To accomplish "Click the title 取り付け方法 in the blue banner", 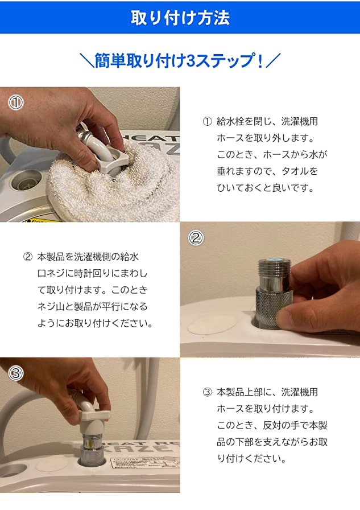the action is click(180, 18).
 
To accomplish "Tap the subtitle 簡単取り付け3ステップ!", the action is click(179, 61).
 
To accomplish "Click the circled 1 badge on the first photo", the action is click(15, 103).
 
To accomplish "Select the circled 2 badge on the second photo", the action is click(196, 238).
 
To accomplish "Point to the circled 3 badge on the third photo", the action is click(15, 373).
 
